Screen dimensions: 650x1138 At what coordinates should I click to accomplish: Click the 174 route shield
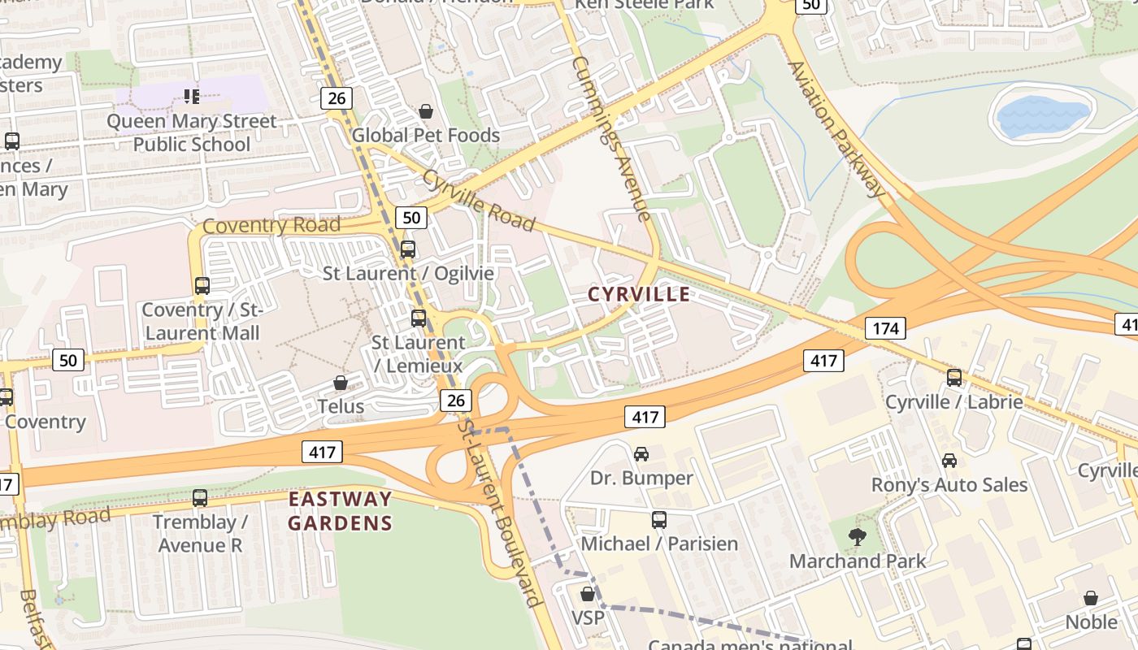[885, 328]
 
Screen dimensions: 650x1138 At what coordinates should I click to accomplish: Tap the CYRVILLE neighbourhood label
[639, 294]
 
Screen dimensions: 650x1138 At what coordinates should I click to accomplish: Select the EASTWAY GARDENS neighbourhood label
[340, 511]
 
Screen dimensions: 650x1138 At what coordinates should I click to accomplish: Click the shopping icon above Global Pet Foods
[426, 111]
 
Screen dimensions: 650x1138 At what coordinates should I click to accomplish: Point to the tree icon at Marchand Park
[857, 536]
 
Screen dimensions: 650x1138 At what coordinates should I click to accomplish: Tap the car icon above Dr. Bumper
[641, 453]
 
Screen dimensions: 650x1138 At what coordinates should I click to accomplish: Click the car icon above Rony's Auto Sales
[949, 461]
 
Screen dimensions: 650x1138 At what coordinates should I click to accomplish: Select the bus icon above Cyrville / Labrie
[953, 378]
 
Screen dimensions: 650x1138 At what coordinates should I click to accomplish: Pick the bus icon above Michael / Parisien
[659, 519]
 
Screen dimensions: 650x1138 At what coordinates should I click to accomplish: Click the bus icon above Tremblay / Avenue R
[200, 498]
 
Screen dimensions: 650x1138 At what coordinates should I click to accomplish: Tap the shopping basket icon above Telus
[341, 382]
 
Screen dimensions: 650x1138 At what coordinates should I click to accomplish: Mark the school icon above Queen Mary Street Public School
[192, 97]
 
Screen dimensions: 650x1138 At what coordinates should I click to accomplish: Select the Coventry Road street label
[271, 225]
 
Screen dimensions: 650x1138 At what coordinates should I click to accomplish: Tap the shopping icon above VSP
[588, 594]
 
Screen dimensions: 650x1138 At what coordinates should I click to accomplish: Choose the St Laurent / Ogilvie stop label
[408, 273]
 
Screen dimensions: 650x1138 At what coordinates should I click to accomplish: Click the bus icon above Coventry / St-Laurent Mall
[202, 286]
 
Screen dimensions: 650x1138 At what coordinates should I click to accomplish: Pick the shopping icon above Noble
[1091, 598]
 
